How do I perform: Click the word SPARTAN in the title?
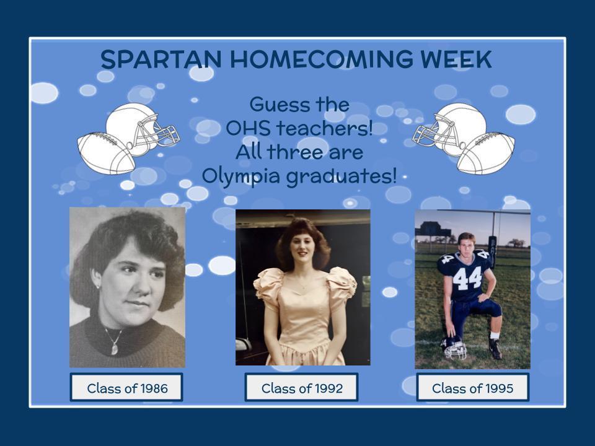click(x=161, y=59)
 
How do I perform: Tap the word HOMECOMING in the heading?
click(x=321, y=59)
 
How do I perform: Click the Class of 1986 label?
click(x=126, y=387)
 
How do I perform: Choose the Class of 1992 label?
click(x=302, y=387)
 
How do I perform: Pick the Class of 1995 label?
click(x=472, y=387)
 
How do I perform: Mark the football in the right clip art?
click(x=487, y=153)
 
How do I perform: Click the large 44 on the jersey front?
click(x=467, y=278)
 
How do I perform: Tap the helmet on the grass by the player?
click(x=454, y=348)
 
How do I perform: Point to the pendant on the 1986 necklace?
click(x=114, y=349)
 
